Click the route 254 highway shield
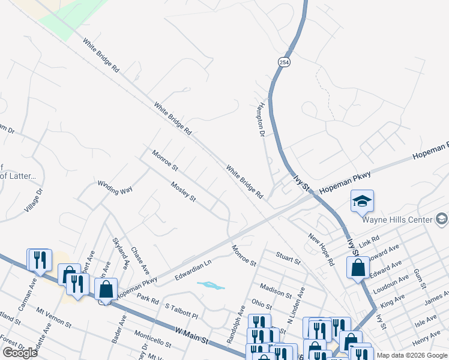(284, 62)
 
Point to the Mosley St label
(184, 192)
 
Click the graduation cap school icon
(363, 201)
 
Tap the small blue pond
(210, 286)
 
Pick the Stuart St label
(288, 258)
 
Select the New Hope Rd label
(321, 250)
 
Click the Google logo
(20, 353)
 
